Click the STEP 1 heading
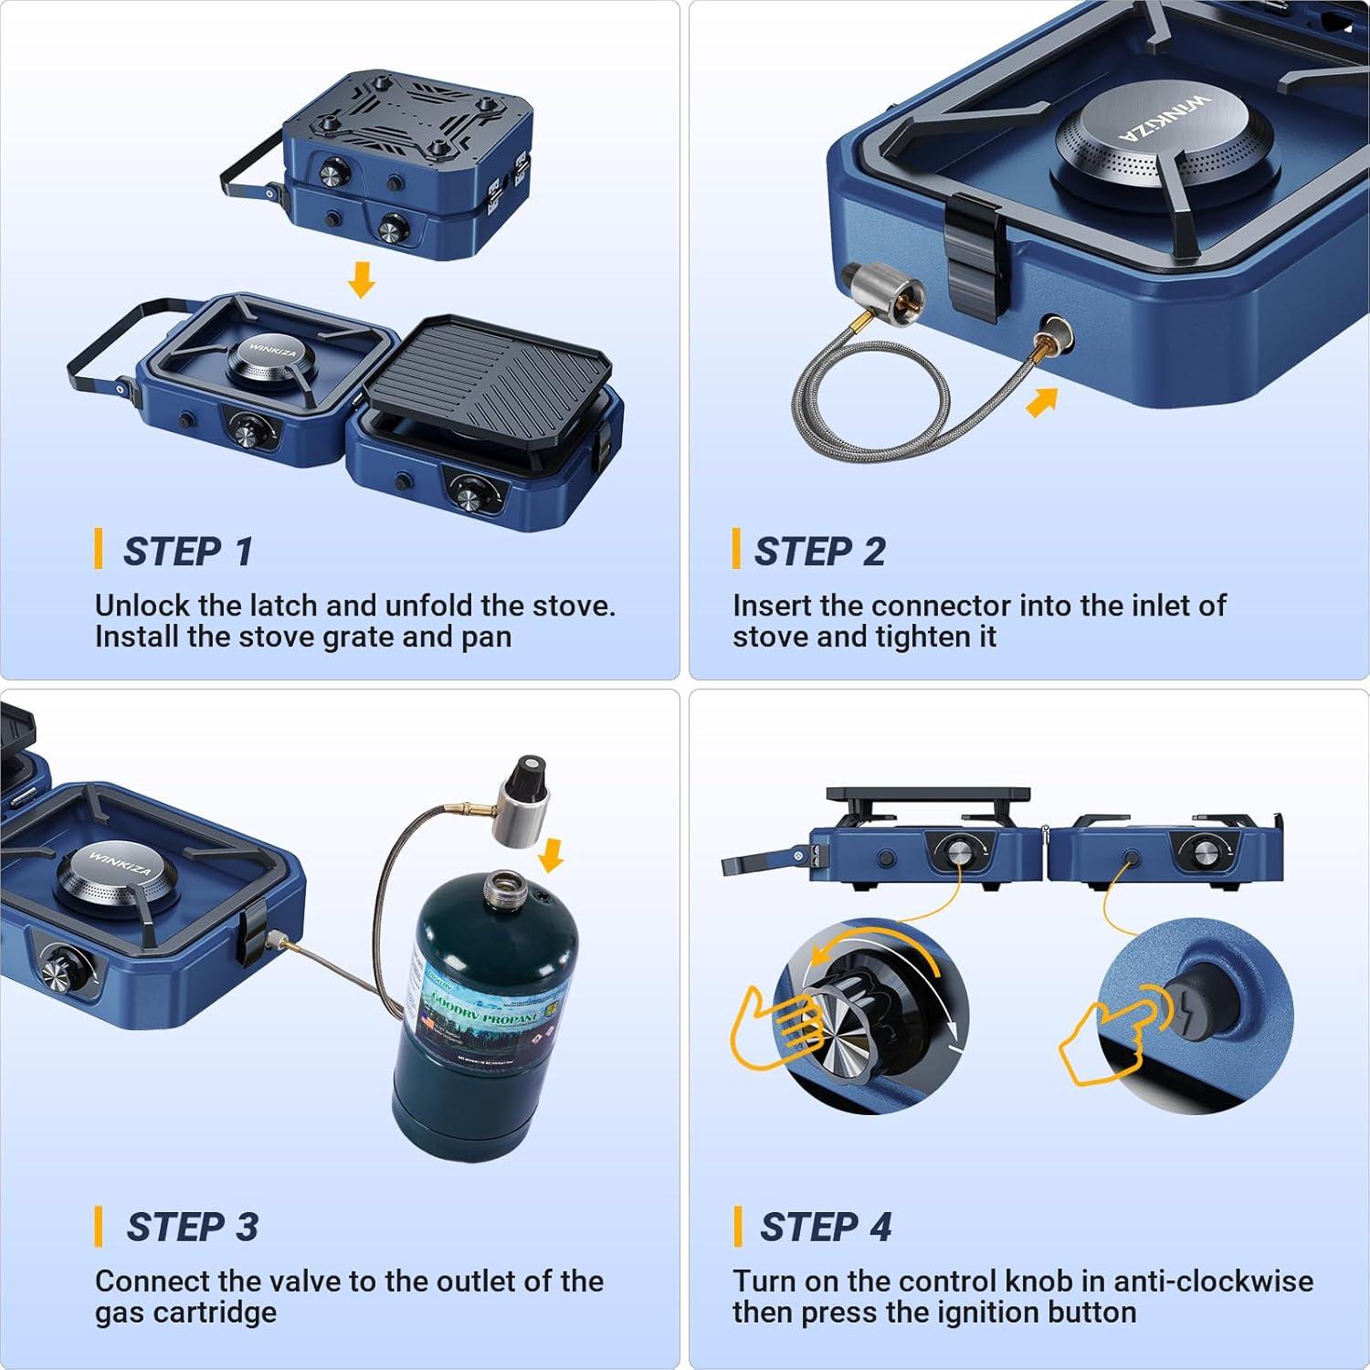(187, 552)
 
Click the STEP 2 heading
(819, 552)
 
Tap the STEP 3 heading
(192, 1227)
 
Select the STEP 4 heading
(825, 1227)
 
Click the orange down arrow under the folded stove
(362, 279)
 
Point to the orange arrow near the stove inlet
(1042, 401)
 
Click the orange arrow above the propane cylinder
(551, 855)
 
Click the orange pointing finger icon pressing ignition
(1105, 1041)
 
